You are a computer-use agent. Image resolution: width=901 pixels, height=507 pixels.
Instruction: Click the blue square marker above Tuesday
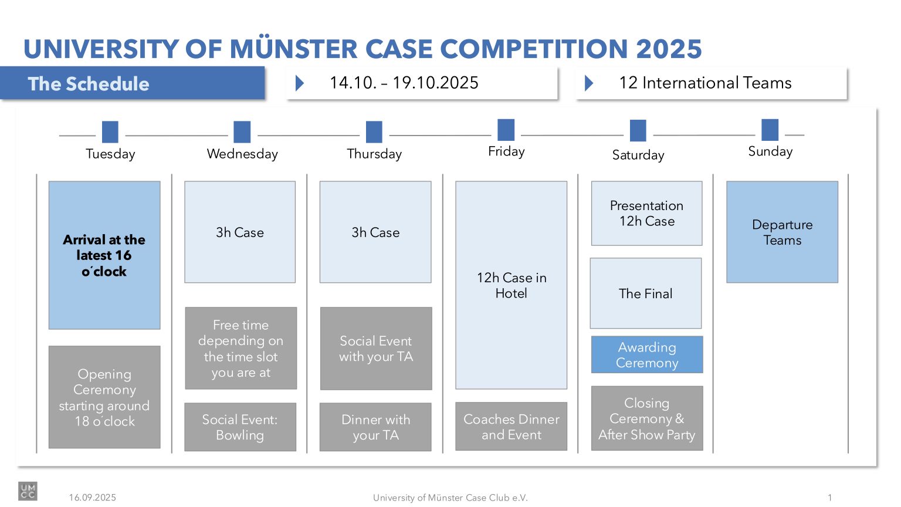pos(110,132)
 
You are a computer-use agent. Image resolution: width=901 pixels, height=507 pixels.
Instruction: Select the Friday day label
pos(506,151)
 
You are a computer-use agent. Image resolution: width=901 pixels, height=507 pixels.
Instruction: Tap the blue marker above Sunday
pos(770,130)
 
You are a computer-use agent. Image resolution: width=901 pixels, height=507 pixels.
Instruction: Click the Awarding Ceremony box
pos(647,354)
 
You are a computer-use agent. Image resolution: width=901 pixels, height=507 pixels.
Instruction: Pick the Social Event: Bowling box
pos(240,427)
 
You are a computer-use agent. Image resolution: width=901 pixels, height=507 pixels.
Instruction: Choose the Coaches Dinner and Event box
pos(512,427)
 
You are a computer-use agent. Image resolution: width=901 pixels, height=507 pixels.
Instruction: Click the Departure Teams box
pos(782,232)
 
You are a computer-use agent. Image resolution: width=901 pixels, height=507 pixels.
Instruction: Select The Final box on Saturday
pos(646,293)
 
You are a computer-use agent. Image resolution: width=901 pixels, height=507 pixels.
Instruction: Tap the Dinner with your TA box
pos(375,427)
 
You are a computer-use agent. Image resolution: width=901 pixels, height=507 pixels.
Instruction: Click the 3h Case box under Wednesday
pos(240,232)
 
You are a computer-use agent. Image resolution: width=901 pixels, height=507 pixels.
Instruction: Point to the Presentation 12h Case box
pos(647,213)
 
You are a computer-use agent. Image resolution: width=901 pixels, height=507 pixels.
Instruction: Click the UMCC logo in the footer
pos(28,491)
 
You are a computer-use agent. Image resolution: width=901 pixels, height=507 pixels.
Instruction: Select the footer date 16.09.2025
pos(93,498)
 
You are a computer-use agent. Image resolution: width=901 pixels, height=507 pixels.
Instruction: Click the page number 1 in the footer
pos(829,498)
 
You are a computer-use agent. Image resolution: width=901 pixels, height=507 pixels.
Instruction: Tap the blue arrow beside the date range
pos(300,83)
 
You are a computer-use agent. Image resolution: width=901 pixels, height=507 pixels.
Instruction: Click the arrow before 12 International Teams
pos(588,83)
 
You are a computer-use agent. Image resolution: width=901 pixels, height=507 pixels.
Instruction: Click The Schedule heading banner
pos(133,83)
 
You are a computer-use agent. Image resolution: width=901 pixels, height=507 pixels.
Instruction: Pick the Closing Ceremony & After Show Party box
pos(647,418)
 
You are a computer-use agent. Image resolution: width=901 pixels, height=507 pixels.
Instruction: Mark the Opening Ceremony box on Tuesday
pos(104,397)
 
